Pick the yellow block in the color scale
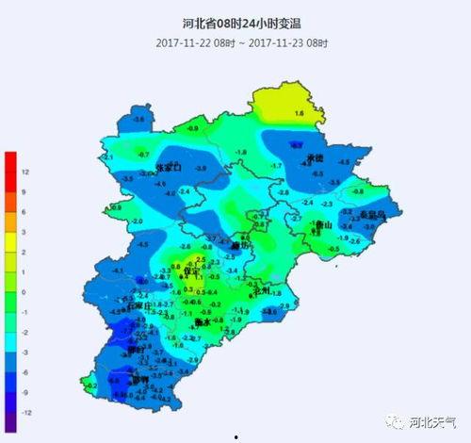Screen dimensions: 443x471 pos(10,243)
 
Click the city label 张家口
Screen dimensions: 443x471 pos(167,167)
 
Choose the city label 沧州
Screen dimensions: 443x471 pos(263,291)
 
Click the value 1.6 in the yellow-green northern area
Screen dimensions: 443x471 pos(300,113)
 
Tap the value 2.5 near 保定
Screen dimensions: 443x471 pos(199,259)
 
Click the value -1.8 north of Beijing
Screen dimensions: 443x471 pos(241,152)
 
